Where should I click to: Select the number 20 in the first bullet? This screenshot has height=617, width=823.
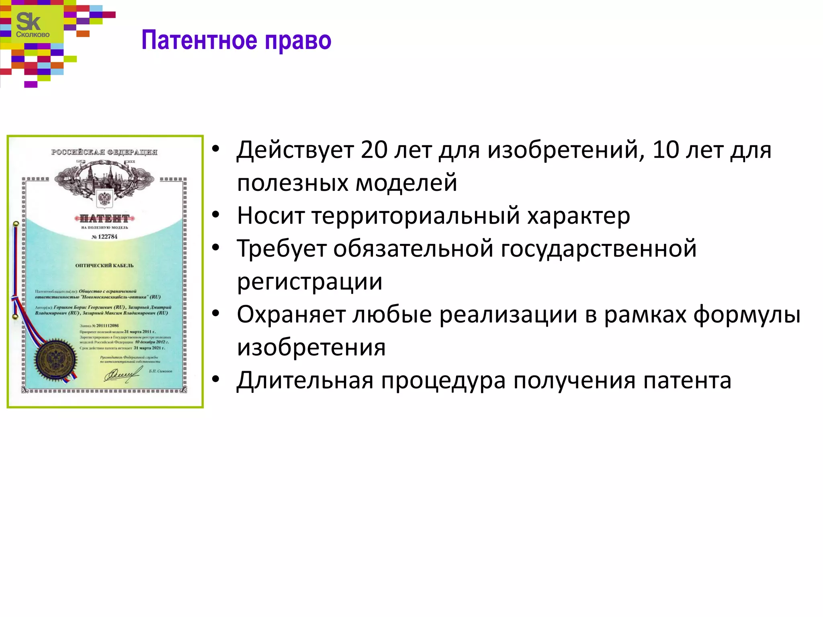374,150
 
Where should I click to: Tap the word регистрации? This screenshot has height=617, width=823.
309,282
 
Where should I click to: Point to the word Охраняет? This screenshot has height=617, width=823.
291,315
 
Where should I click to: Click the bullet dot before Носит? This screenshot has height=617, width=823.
216,215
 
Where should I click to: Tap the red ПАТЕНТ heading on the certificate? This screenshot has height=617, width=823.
104,219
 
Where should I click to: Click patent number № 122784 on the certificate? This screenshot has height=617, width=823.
104,237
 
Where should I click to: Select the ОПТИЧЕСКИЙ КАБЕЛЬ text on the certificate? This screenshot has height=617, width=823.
104,266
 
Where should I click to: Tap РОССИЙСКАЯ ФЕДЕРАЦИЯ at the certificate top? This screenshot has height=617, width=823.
104,152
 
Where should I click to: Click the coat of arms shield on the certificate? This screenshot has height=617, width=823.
104,198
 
